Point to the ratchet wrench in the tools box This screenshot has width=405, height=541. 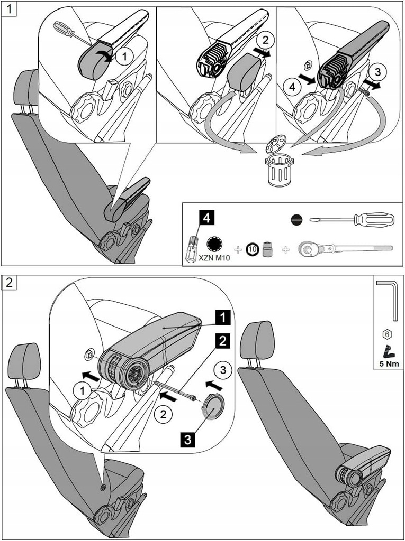click(x=345, y=248)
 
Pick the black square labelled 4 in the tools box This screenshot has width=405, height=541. click(x=207, y=217)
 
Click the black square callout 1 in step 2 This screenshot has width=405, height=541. click(x=223, y=317)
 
